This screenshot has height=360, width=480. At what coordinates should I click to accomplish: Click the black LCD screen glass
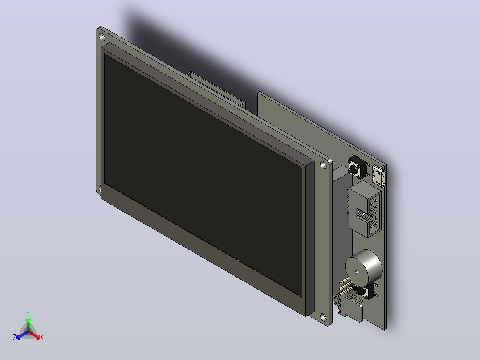[x=203, y=175]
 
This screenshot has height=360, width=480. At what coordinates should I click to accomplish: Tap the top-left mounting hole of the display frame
[x=102, y=37]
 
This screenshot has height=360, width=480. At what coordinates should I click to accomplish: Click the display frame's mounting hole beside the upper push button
[x=323, y=164]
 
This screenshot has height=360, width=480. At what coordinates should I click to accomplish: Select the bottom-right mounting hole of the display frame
[x=323, y=316]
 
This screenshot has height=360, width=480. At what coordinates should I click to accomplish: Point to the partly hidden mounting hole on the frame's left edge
[x=99, y=188]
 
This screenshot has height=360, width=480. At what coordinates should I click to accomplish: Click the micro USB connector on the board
[x=379, y=176]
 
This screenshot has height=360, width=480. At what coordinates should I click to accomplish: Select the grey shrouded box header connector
[x=365, y=209]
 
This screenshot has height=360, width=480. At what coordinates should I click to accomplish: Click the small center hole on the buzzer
[x=357, y=272]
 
